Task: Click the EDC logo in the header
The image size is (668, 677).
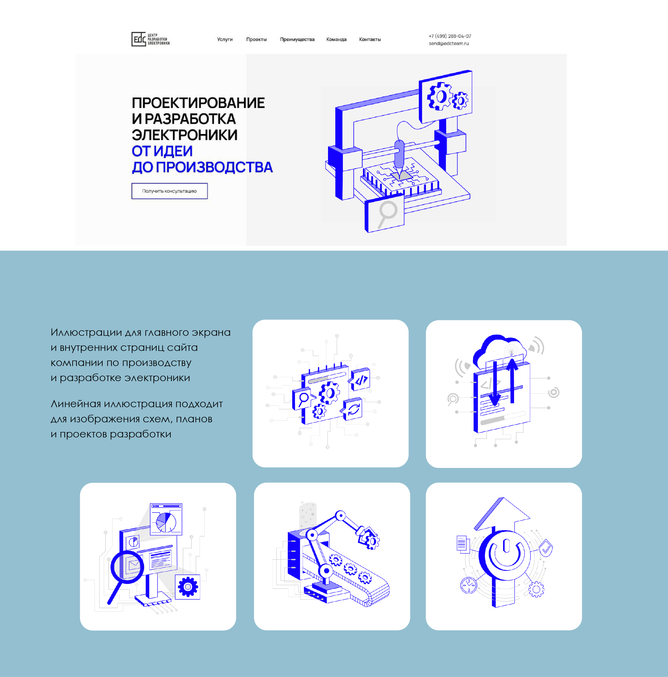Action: [151, 39]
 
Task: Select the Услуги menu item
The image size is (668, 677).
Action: [225, 39]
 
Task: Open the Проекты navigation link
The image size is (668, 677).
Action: [257, 39]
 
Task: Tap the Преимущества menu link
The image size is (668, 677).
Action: [297, 39]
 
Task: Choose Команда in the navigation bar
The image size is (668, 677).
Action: [336, 39]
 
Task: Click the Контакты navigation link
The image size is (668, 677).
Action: [370, 39]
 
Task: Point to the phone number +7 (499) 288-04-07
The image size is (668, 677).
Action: [450, 36]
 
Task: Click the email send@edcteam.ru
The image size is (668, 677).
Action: [449, 44]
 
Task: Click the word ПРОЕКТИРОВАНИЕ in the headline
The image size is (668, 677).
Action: [198, 103]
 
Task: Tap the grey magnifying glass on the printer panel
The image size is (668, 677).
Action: [387, 214]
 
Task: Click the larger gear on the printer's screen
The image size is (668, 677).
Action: [439, 96]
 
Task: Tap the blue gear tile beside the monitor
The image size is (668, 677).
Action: [188, 587]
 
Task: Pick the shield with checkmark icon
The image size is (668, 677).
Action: [546, 548]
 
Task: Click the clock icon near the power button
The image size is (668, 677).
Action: [468, 585]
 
